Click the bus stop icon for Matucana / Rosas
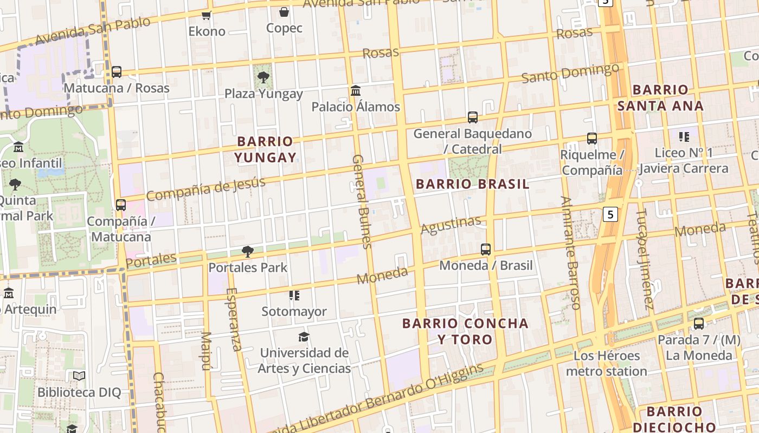[117, 72]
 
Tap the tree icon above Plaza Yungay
[263, 77]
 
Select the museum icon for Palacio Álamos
[356, 90]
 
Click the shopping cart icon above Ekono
[206, 15]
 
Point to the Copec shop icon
[284, 12]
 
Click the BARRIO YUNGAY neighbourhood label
[265, 149]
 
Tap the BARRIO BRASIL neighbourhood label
[472, 184]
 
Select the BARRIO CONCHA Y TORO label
[465, 331]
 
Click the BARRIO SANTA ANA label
[660, 97]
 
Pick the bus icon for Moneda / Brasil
[486, 250]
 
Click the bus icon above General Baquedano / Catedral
[473, 117]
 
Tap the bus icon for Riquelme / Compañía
[592, 139]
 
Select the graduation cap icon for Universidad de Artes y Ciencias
[304, 337]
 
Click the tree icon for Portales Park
[248, 251]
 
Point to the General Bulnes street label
[362, 201]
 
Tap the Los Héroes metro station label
[607, 363]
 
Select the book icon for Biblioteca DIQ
[79, 376]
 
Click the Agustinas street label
[451, 225]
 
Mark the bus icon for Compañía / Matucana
[121, 205]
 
